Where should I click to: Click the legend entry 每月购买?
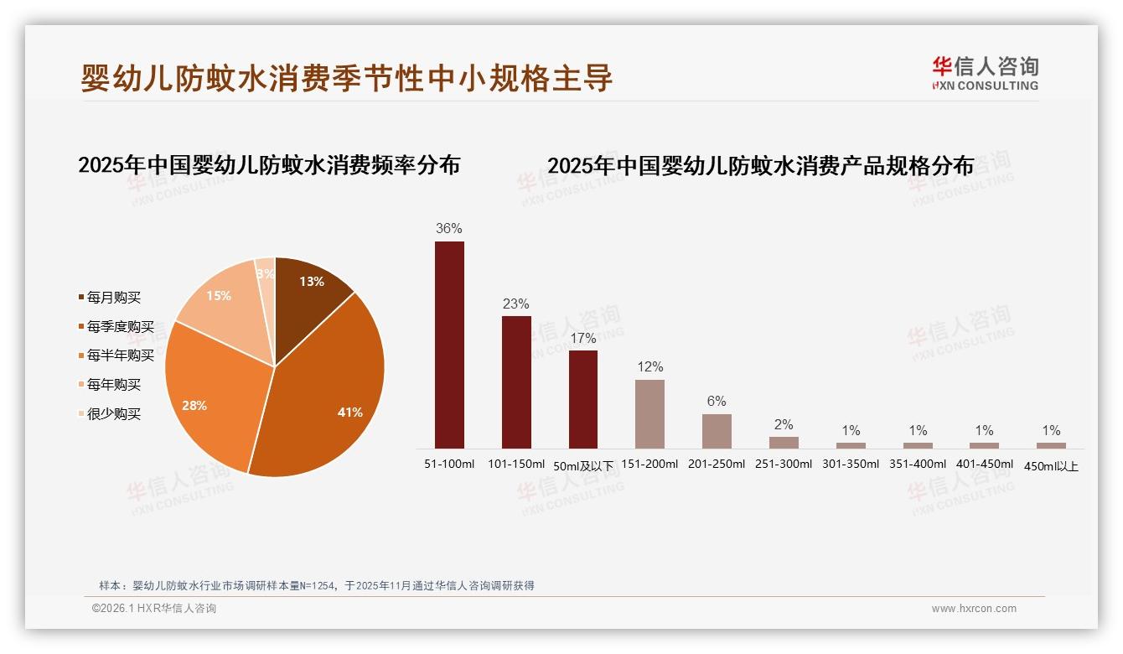pyautogui.click(x=113, y=298)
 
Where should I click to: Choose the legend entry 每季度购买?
pyautogui.click(x=120, y=327)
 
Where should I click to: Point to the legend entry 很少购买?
pyautogui.click(x=113, y=414)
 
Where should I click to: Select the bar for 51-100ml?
pyautogui.click(x=449, y=345)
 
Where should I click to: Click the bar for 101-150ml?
pyautogui.click(x=516, y=381)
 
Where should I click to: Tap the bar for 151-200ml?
pyautogui.click(x=649, y=414)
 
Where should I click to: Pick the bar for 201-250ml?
pyautogui.click(x=717, y=431)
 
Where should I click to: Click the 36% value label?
pyautogui.click(x=449, y=228)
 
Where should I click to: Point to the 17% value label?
pyautogui.click(x=583, y=338)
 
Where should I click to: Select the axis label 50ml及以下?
pyautogui.click(x=583, y=465)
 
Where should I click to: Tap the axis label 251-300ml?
pyautogui.click(x=784, y=464)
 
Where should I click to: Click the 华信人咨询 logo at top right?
pyautogui.click(x=985, y=73)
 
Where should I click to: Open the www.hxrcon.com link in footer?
pyautogui.click(x=974, y=609)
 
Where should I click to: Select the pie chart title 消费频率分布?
pyautogui.click(x=269, y=165)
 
